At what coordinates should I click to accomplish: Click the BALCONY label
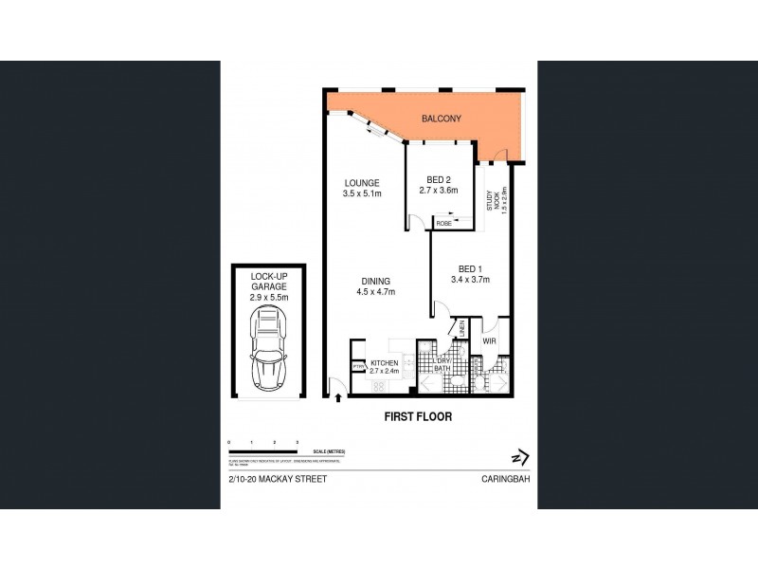point(442,119)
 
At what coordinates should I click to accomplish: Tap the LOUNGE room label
point(361,183)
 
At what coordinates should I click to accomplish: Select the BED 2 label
point(438,180)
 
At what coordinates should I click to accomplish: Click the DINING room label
point(376,281)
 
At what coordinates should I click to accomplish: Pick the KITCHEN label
point(384,363)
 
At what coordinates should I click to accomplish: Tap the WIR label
point(490,340)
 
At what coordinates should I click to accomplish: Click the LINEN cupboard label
point(462,327)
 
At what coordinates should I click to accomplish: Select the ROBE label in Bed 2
point(443,223)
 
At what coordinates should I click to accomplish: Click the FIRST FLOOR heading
point(417,416)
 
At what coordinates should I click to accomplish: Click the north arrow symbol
point(518,456)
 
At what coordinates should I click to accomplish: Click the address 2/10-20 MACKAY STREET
point(278,480)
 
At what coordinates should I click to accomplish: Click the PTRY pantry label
point(359,366)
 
